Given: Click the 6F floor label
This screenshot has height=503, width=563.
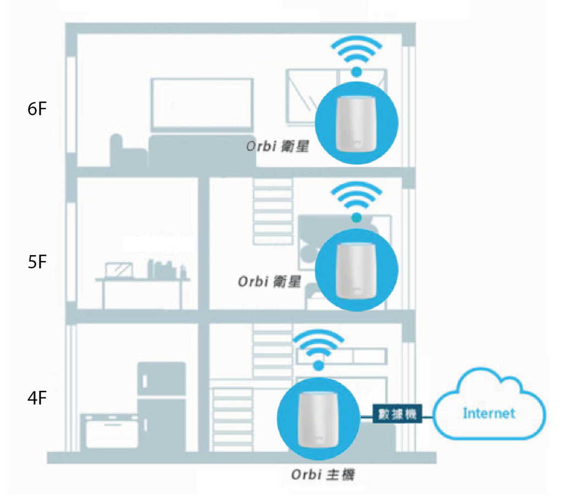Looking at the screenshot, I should click(37, 109).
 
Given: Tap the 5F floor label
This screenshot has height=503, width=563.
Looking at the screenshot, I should click(37, 262).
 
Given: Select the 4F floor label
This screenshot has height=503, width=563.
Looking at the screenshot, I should click(37, 397).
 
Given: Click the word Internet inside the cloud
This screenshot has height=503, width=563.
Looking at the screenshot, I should click(489, 412).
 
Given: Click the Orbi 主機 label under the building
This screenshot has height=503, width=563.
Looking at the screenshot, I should click(323, 474).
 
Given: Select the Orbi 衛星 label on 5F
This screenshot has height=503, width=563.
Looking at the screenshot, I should click(269, 281).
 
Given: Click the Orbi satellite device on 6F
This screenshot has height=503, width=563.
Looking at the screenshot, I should click(356, 124).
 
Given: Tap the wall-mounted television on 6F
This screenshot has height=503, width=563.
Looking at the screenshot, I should click(202, 104).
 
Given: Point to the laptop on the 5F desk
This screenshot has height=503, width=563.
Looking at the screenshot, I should click(119, 270).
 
